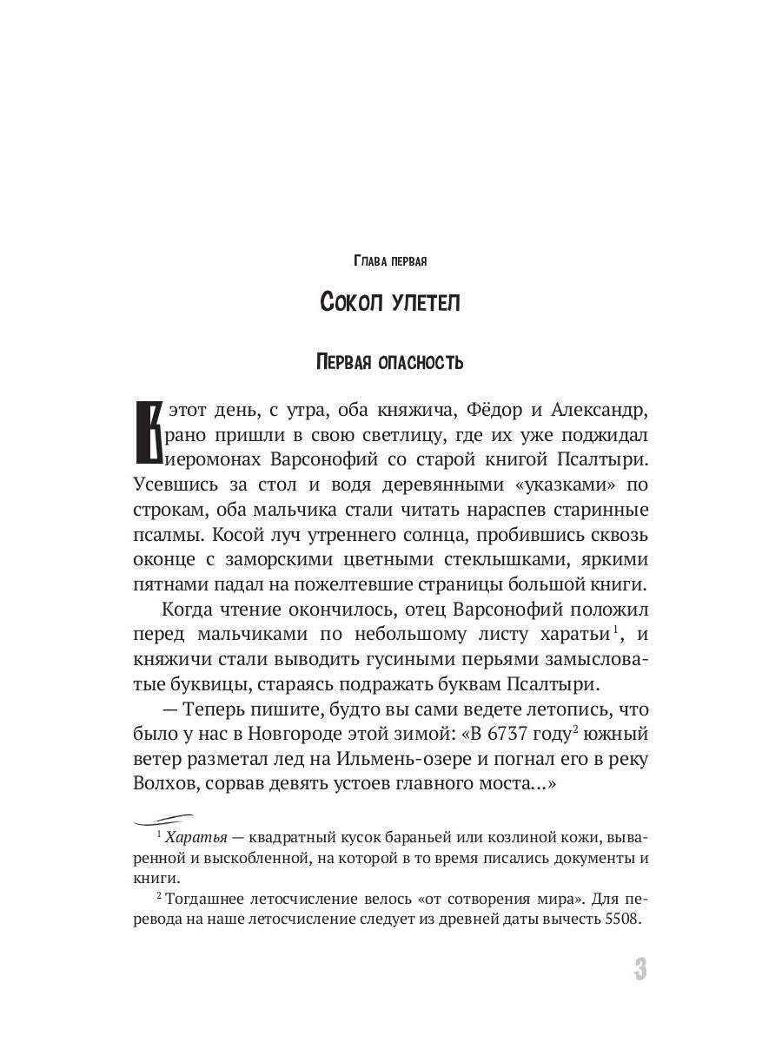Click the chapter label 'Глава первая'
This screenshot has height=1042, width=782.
(390, 260)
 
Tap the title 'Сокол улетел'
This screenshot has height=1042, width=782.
(390, 304)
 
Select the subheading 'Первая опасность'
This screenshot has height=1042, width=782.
(390, 362)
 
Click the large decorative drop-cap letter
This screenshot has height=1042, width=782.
(149, 432)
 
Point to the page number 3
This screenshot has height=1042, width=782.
(640, 969)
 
